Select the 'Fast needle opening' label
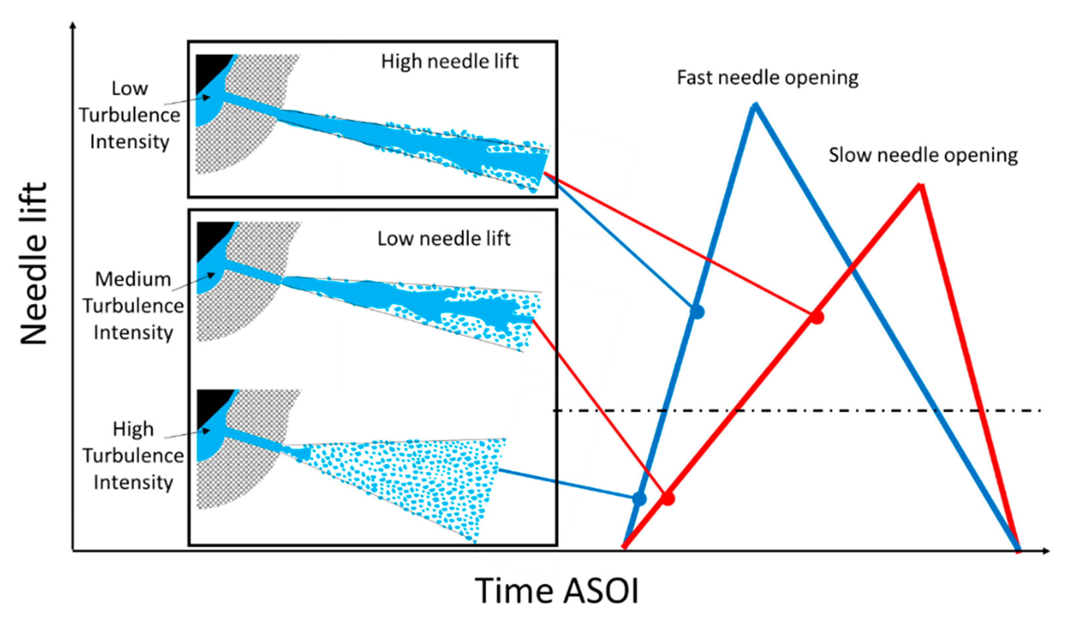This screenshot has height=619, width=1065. click(x=767, y=78)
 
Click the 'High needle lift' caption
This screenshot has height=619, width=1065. click(x=449, y=62)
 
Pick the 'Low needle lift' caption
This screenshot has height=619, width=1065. click(x=444, y=239)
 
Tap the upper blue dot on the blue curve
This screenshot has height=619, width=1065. click(x=697, y=312)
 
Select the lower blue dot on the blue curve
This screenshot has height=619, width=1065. click(x=639, y=499)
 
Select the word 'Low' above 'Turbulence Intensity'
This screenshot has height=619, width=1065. click(x=129, y=89)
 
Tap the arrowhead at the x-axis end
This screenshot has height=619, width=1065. click(x=1046, y=551)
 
